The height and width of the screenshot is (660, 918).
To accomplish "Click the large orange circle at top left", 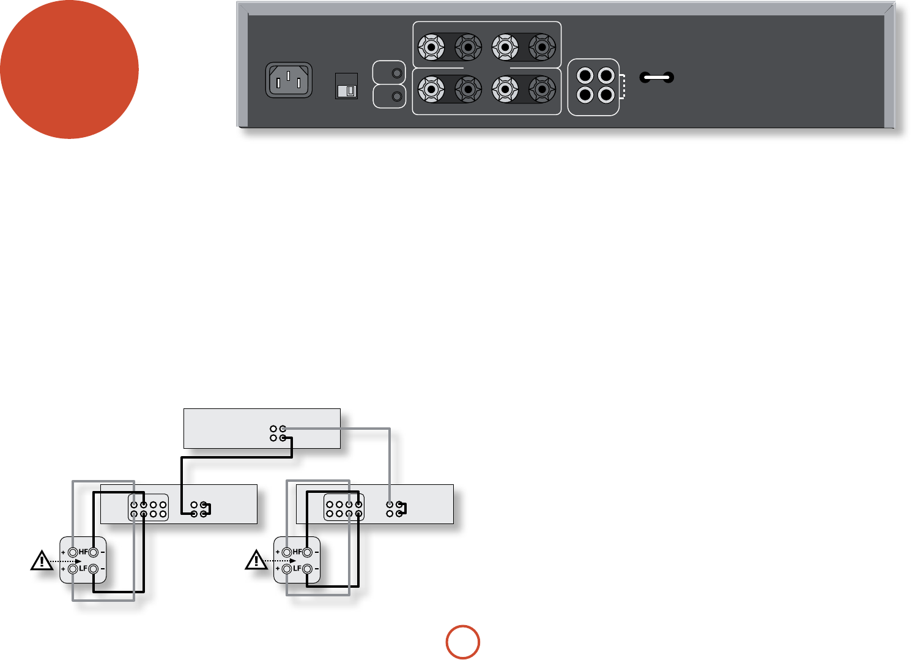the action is tap(69, 69).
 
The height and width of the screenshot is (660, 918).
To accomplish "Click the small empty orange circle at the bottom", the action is tap(462, 642).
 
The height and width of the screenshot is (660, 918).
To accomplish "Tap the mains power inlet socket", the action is tap(289, 80).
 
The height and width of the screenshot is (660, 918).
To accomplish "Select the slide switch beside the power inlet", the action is tap(347, 86).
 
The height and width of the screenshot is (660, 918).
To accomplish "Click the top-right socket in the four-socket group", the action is tap(605, 76).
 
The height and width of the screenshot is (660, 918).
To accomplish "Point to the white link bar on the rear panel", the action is tap(657, 78).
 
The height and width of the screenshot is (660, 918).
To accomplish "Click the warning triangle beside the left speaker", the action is tap(42, 560).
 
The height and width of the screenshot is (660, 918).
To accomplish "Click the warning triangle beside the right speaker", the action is tap(256, 560).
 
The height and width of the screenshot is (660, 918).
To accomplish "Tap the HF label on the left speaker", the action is tap(83, 552).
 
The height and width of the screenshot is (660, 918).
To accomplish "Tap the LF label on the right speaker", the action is tap(297, 569).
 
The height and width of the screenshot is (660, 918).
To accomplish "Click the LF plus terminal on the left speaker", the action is tap(73, 569).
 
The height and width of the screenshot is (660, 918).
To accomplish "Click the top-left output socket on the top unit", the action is tap(273, 429).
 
